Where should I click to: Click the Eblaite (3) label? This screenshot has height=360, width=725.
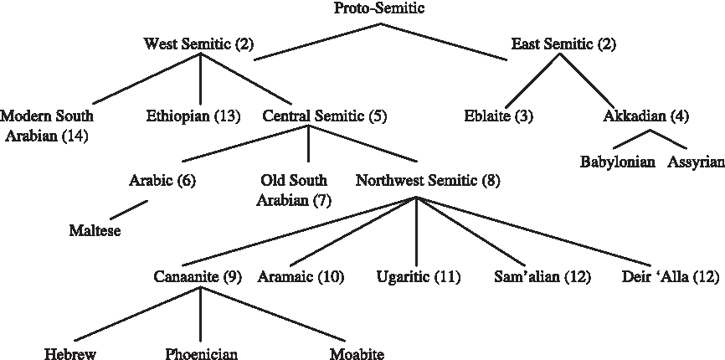click(x=498, y=116)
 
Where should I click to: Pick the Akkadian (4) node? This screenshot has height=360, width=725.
click(x=645, y=116)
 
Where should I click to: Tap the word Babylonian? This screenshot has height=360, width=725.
click(x=617, y=162)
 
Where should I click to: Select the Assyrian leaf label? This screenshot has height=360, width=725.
click(x=696, y=162)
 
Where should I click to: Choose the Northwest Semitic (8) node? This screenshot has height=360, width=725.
click(x=416, y=179)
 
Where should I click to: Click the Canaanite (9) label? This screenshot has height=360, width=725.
click(x=198, y=277)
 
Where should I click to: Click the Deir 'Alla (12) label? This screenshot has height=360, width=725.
click(x=671, y=277)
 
